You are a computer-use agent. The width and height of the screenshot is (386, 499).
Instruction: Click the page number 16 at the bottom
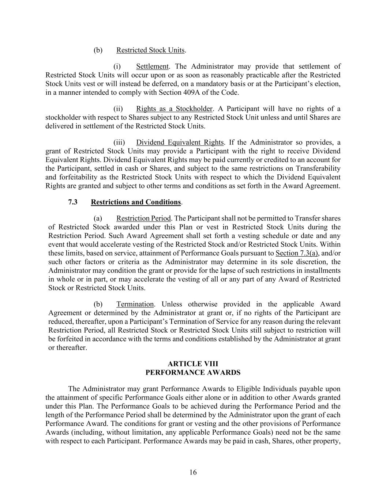click(193, 472)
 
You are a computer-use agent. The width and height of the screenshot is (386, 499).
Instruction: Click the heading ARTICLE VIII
click(193, 364)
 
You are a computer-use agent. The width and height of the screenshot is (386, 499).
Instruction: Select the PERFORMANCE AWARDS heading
click(193, 373)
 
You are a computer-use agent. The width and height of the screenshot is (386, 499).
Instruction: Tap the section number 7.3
click(73, 202)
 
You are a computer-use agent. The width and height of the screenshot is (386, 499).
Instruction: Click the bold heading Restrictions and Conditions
click(136, 202)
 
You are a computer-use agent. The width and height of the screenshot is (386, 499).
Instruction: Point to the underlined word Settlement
click(152, 67)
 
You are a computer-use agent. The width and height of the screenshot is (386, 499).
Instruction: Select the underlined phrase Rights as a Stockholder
click(174, 109)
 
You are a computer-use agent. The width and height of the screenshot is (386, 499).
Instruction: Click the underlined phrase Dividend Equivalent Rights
click(180, 143)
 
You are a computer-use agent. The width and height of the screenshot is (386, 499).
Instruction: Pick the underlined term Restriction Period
click(143, 219)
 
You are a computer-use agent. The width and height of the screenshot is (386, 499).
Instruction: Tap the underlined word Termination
click(135, 304)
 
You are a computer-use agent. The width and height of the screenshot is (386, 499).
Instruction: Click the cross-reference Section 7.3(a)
click(297, 253)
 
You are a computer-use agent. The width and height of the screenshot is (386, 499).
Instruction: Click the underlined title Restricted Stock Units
click(150, 50)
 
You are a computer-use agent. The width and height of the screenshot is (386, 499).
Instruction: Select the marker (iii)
click(119, 143)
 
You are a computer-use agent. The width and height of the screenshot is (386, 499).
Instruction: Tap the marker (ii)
click(118, 109)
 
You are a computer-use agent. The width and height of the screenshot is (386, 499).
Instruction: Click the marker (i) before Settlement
click(117, 67)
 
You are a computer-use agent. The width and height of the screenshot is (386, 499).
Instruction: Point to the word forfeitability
click(69, 177)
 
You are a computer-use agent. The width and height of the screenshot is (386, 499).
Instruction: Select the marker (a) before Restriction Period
click(98, 219)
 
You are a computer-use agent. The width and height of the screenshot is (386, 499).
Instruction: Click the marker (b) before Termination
click(98, 304)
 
